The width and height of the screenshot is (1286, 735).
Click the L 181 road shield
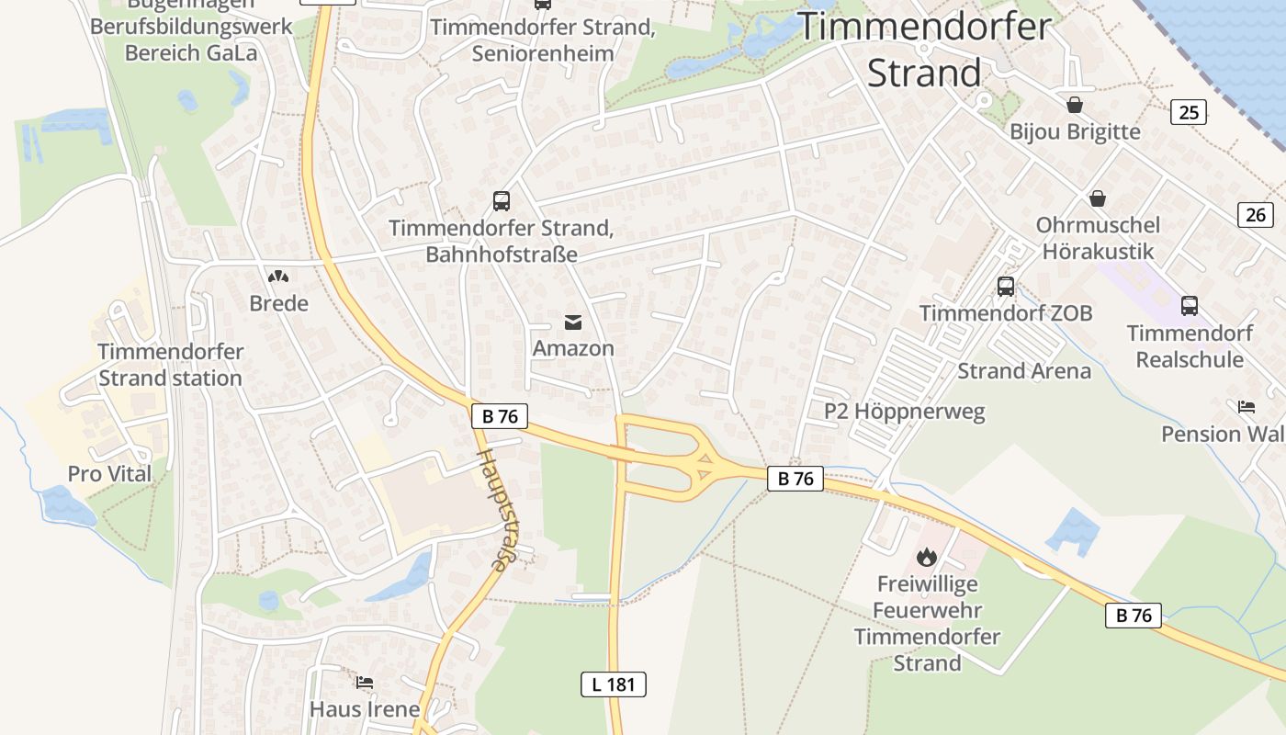point(614,684)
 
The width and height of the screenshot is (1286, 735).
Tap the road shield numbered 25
point(1189,113)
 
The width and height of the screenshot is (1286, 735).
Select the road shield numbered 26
point(1256,215)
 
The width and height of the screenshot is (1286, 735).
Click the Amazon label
point(573,348)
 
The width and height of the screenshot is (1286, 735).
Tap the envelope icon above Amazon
point(573,322)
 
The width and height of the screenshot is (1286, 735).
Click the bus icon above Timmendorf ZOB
point(1006,287)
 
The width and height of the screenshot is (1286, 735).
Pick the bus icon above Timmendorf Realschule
point(1190,305)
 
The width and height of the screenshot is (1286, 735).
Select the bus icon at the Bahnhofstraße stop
point(502,200)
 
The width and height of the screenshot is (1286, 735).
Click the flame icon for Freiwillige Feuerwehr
point(926,556)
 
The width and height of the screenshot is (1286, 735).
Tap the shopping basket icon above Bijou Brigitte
point(1075,105)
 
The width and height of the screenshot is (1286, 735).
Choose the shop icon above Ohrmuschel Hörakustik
point(1098,198)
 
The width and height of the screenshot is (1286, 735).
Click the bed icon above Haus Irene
point(365,683)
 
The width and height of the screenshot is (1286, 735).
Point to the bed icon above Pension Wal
point(1247,406)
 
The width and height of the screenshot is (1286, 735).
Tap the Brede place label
point(278,303)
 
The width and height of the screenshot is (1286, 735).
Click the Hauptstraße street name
point(492,509)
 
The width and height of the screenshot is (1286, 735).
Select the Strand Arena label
point(1024,371)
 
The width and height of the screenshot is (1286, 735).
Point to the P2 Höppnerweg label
point(904,411)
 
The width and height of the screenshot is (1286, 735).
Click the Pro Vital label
point(109,474)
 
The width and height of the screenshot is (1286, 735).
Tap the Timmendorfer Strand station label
point(170,365)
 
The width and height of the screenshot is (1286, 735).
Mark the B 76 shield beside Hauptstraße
point(500,416)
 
